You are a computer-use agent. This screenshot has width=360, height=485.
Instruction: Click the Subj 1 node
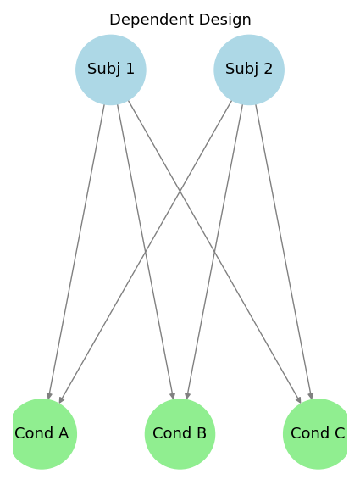pos(111,70)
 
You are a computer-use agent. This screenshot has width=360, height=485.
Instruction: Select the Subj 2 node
pos(249,70)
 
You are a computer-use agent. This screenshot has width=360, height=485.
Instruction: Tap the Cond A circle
pos(42,434)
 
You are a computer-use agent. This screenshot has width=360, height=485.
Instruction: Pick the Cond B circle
pos(180,434)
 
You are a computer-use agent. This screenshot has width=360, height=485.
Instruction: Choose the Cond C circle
pos(318,434)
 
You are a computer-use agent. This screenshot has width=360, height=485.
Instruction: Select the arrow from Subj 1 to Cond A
pos(76,252)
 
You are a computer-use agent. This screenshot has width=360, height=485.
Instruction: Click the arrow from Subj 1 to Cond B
pos(146,252)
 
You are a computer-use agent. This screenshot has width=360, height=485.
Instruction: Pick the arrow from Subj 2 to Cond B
pos(214,252)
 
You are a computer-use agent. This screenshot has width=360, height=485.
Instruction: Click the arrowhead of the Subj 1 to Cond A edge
pos(49,396)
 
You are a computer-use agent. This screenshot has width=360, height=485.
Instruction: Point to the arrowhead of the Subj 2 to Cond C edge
pos(311,396)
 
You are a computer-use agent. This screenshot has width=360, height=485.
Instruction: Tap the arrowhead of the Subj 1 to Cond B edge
pos(173,396)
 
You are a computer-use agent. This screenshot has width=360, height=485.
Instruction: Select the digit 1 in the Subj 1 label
pos(130,69)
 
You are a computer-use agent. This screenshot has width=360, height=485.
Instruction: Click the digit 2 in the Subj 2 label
pos(269,69)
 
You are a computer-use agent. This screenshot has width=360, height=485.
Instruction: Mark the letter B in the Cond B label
pos(202,433)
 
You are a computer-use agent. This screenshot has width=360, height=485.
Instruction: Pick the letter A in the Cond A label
pos(64,433)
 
